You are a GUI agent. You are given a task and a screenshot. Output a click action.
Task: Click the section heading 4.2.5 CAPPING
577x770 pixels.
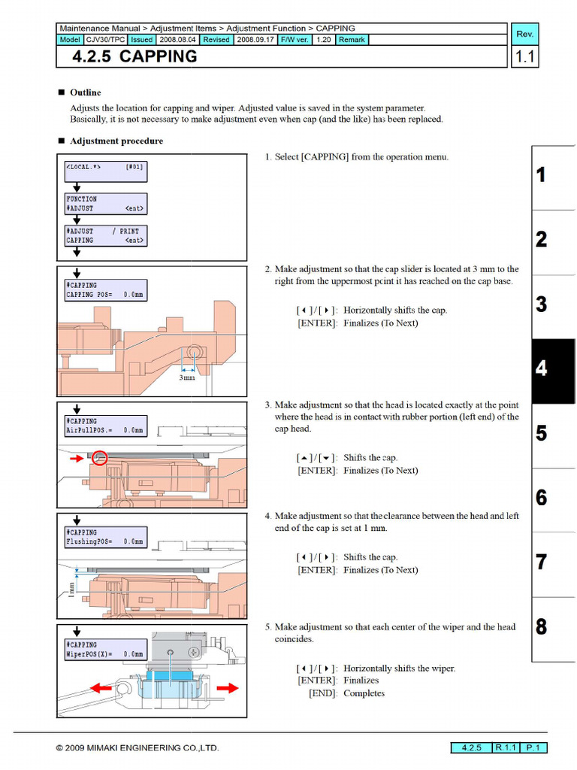click(x=135, y=56)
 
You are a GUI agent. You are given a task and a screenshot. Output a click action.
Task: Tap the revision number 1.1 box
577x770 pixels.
click(x=525, y=57)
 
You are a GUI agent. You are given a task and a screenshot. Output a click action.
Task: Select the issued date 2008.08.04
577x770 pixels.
click(x=177, y=39)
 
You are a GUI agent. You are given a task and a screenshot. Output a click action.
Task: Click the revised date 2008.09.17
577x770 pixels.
click(x=255, y=39)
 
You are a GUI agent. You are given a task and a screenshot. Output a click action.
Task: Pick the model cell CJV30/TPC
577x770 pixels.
click(x=105, y=39)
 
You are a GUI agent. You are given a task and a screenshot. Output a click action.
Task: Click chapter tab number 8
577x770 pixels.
click(x=542, y=627)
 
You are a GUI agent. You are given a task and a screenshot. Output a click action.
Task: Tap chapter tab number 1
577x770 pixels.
click(x=542, y=176)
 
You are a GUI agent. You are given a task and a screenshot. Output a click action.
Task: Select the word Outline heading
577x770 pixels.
click(x=85, y=92)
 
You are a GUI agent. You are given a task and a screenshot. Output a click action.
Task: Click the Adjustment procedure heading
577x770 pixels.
click(x=116, y=141)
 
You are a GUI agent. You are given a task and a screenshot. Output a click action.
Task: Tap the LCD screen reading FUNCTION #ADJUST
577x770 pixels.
click(x=105, y=204)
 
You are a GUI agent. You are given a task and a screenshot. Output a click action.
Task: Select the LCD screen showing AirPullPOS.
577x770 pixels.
click(x=105, y=426)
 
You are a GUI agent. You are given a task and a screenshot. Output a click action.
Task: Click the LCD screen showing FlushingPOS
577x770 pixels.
click(x=105, y=537)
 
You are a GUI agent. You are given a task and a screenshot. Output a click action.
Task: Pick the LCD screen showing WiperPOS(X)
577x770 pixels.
click(x=105, y=650)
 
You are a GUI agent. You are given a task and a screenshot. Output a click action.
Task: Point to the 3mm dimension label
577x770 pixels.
click(x=186, y=377)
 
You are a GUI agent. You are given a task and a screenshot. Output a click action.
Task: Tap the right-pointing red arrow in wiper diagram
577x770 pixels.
click(x=227, y=687)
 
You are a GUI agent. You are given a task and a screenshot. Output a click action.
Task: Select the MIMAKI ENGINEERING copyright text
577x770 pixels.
click(x=137, y=748)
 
